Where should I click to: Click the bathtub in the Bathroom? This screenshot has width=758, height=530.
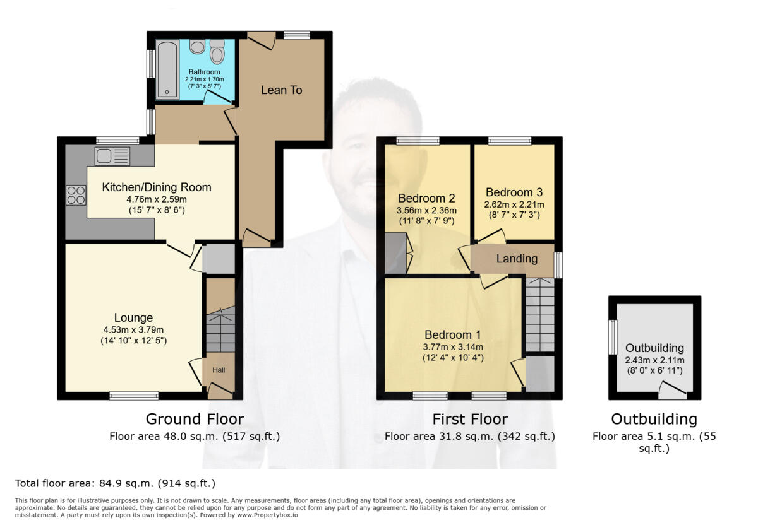coord(167,69)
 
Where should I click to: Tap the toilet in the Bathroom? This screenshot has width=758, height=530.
coord(217,52)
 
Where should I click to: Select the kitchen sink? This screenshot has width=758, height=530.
coord(112,156)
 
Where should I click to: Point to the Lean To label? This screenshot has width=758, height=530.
coord(282,90)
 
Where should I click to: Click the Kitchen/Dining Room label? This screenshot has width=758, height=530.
coord(157,187)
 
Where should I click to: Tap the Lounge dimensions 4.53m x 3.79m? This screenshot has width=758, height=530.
coord(133,329)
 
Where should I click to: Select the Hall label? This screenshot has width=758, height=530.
coord(219,370)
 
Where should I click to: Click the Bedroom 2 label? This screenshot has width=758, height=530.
coord(426,198)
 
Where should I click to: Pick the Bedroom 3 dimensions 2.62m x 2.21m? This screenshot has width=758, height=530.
coord(514,204)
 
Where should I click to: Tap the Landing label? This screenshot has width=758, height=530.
coord(517,259)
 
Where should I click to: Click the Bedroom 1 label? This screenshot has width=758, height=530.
coord(453,334)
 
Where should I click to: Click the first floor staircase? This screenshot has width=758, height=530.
coord(540,315)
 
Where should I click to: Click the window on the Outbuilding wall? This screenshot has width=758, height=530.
coord(612,337)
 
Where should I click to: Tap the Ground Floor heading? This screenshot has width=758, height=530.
coord(195,419)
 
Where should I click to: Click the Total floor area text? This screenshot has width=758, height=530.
coord(115,483)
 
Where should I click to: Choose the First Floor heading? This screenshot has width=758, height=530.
coord(470,419)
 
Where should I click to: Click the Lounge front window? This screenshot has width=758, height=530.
coord(134,396)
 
